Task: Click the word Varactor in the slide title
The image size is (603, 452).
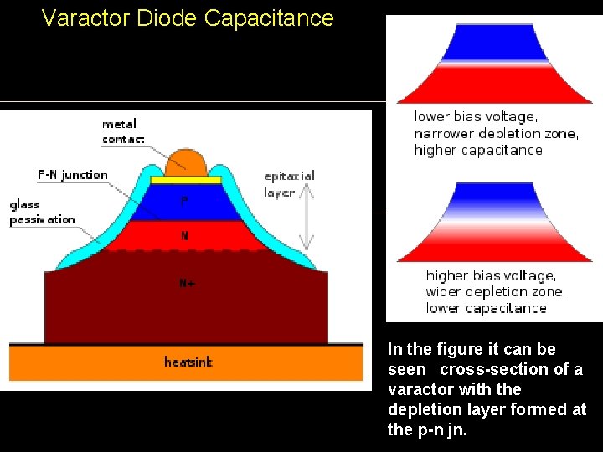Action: pos(82,18)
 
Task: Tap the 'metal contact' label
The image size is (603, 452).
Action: pos(122,131)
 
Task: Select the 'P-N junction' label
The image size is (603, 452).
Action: pos(73,175)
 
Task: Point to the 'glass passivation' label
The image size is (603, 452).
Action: pos(42,212)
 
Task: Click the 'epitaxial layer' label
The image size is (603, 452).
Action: pos(289,183)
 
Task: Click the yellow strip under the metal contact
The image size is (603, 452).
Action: pos(186,180)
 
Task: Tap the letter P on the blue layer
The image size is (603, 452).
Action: pos(185,201)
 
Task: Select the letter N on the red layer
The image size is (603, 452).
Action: pos(184,235)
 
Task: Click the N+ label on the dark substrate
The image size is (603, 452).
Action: pos(187,283)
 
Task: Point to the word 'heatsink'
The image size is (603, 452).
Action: pos(188,362)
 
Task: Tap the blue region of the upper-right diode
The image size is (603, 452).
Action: pos(489,41)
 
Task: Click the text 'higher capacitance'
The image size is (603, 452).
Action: pos(478,151)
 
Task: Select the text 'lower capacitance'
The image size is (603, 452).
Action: pos(486,308)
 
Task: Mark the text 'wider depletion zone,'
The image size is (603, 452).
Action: pos(495,292)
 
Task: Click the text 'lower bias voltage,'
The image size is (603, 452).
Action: pos(476,117)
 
